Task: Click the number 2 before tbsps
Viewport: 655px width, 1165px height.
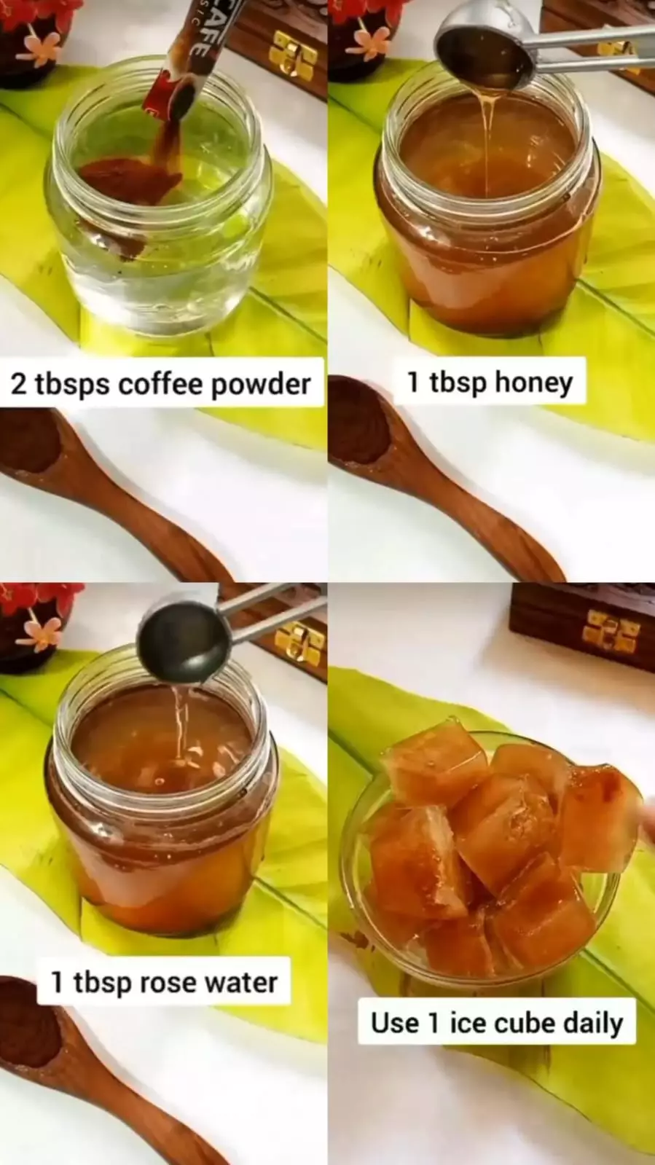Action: (17, 385)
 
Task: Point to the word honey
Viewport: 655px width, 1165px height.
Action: (533, 383)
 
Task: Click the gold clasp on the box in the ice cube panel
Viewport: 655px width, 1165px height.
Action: (611, 632)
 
